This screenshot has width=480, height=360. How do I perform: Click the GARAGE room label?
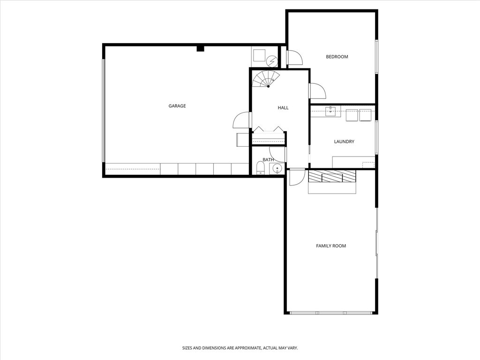[177, 106]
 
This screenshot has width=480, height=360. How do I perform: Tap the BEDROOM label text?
[337, 57]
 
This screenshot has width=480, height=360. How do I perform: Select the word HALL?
[283, 108]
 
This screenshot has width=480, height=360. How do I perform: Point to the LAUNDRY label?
[344, 142]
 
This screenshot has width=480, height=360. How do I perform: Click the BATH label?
[268, 160]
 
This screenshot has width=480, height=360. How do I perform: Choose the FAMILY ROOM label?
[331, 246]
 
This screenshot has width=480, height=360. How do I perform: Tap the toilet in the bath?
[260, 168]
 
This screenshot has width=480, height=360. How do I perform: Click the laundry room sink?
[331, 112]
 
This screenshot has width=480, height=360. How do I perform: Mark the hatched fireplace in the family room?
[332, 176]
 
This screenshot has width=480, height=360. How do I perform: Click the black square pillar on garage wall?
[200, 48]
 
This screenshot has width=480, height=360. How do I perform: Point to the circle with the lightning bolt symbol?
[272, 61]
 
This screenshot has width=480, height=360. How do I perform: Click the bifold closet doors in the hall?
[268, 129]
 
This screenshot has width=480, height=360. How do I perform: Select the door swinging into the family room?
[296, 177]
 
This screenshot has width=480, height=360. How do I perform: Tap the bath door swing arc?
[277, 155]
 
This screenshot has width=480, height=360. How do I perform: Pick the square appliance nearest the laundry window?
[365, 115]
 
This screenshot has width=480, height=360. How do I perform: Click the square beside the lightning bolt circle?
[259, 56]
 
